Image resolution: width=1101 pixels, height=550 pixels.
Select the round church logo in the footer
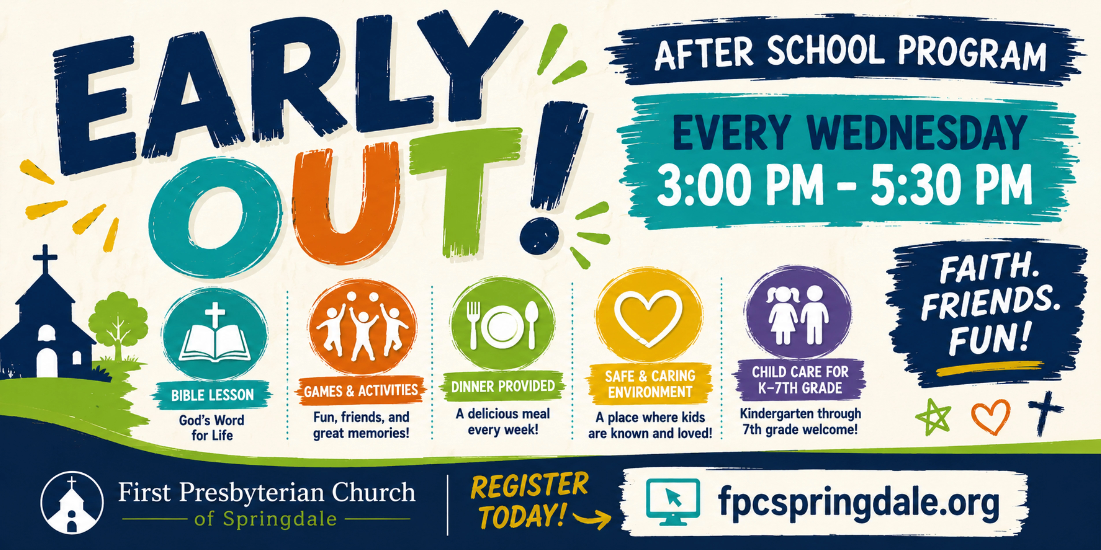click(x=72, y=503)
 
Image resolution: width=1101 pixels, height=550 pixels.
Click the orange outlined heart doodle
click(x=991, y=416)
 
